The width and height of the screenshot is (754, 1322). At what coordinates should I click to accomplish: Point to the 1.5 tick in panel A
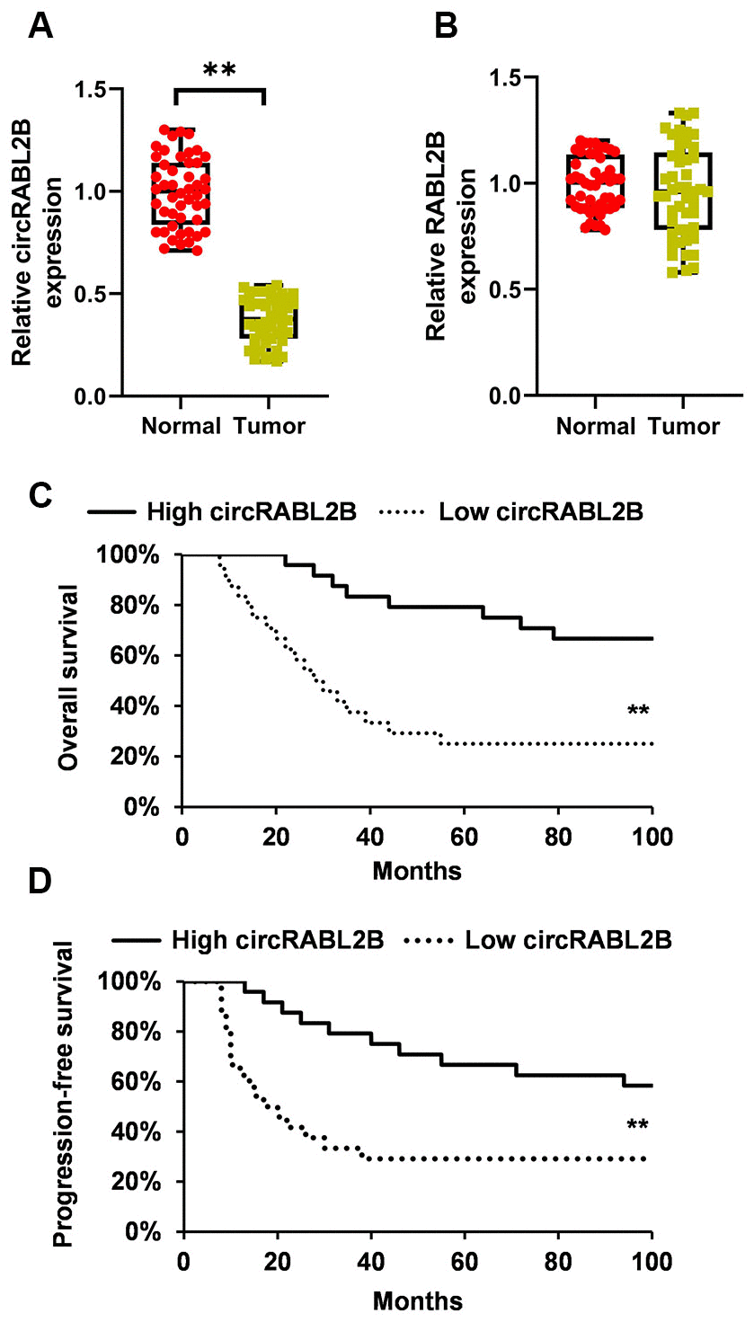(93, 90)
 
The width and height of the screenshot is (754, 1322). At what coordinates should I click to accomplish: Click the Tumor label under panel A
(270, 427)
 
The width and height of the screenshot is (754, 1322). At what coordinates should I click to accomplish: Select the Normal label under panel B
(595, 427)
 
